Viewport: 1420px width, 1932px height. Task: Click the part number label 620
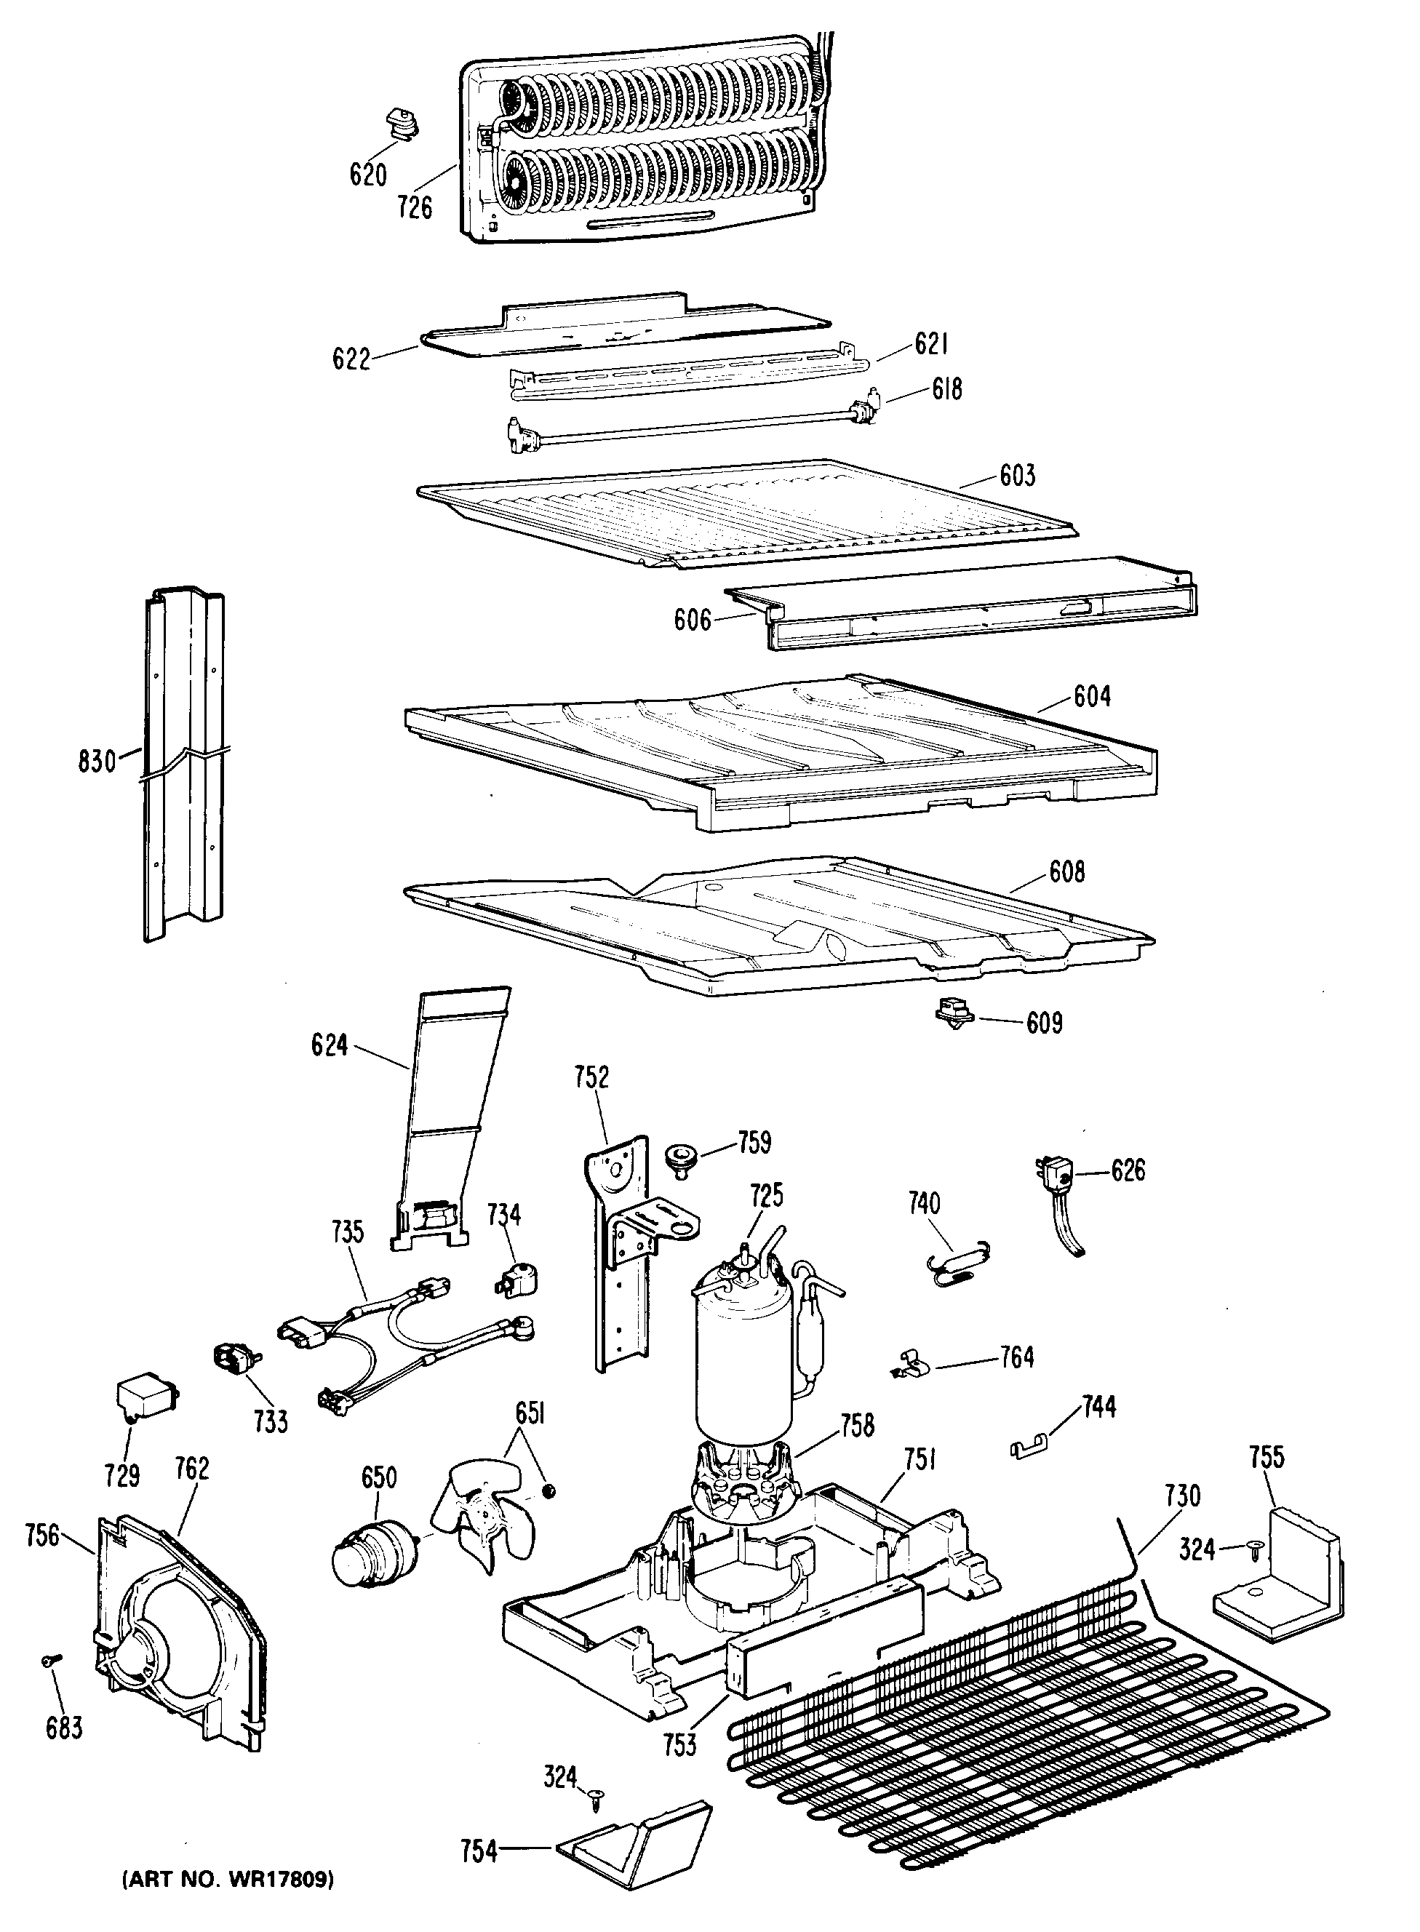pos(368,175)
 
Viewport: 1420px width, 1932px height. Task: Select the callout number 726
pos(415,207)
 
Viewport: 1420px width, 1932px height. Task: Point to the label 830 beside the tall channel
pos(96,761)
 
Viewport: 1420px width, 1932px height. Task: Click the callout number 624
pos(330,1045)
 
